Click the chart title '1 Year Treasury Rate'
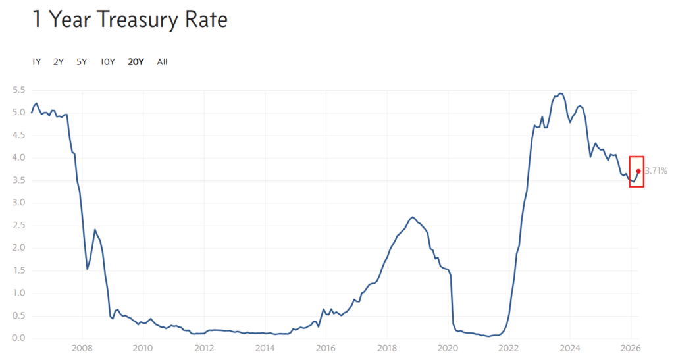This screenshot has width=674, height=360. pos(130,20)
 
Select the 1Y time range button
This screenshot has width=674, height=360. pos(36,62)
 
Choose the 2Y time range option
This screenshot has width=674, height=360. pos(58,62)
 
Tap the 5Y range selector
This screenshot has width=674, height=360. pos(82,62)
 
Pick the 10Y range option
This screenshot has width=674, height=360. pos(107,62)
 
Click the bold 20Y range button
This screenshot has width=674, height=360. pos(136,62)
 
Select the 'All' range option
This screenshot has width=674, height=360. pos(162,62)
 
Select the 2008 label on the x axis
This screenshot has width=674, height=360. pos(82,348)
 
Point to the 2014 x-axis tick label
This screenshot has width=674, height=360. pos(265,348)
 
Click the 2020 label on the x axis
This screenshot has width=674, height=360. pos(448,348)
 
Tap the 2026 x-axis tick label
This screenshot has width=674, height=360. pos(631,348)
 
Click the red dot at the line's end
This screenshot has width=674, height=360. pos(638,171)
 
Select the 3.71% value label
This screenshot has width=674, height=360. pos(656,171)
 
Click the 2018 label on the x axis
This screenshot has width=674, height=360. pos(387,348)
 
